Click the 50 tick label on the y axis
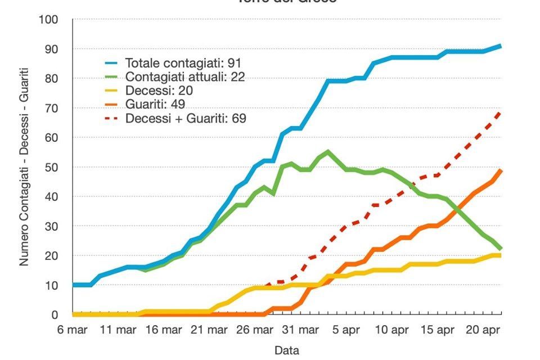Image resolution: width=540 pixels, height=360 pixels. pyautogui.click(x=51, y=168)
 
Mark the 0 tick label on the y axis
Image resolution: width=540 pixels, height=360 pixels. pyautogui.click(x=55, y=315)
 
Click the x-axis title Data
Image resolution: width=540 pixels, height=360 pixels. pyautogui.click(x=286, y=350)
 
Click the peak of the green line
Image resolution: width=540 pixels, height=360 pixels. pyautogui.click(x=328, y=152)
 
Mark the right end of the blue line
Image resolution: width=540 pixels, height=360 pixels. pyautogui.click(x=500, y=46)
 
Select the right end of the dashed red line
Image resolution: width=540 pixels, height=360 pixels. pyautogui.click(x=500, y=111)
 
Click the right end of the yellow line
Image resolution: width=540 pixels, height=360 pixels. pyautogui.click(x=499, y=255)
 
